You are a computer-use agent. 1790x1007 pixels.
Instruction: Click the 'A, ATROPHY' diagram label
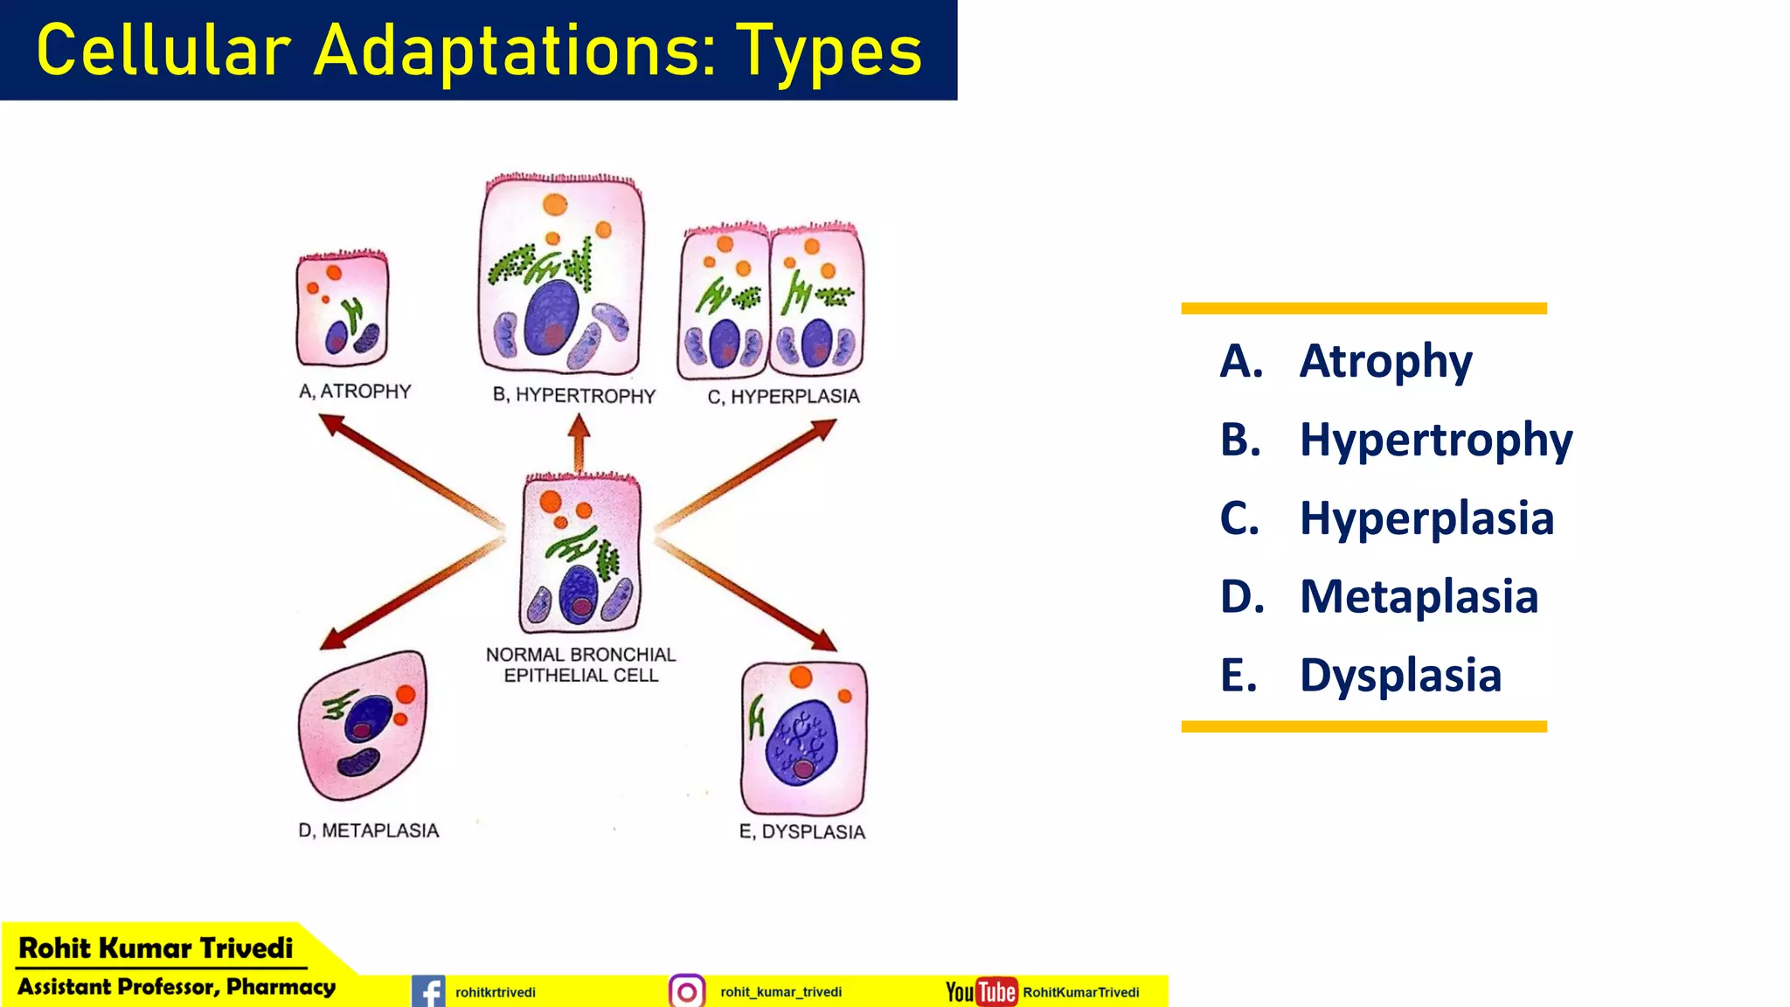(x=355, y=392)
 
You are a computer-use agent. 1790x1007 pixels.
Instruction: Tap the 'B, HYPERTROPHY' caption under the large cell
(x=574, y=395)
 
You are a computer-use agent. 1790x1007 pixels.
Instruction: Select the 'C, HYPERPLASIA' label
(x=784, y=397)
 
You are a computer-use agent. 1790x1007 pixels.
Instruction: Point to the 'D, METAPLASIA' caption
(x=369, y=830)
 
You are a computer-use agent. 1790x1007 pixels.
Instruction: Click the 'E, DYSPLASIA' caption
(x=802, y=831)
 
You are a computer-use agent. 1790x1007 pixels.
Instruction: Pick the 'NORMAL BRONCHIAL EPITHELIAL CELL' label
(x=581, y=665)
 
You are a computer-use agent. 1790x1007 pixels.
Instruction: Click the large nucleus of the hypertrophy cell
(x=552, y=316)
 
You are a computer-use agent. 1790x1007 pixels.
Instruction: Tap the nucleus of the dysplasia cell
(x=801, y=742)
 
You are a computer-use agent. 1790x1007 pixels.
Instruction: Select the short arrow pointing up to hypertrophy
(x=579, y=441)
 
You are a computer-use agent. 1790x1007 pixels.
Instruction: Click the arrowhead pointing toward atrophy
(x=330, y=423)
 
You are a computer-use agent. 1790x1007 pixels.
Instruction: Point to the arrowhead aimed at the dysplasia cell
(x=823, y=642)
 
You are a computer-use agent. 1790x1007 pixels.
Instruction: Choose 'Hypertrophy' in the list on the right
(x=1436, y=440)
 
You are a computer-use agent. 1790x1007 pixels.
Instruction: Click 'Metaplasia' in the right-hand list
(x=1419, y=597)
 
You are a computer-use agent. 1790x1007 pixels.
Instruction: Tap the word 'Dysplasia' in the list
(x=1400, y=676)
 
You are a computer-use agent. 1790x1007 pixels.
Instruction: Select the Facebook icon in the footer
(x=428, y=991)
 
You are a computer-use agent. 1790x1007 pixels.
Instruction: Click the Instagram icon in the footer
(x=687, y=991)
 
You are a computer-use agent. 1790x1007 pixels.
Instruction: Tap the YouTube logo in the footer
(x=982, y=991)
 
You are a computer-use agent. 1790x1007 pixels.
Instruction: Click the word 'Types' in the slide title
(x=829, y=51)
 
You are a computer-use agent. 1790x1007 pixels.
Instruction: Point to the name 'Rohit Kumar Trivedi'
(x=156, y=948)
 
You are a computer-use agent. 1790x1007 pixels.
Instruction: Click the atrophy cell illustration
(x=342, y=309)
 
